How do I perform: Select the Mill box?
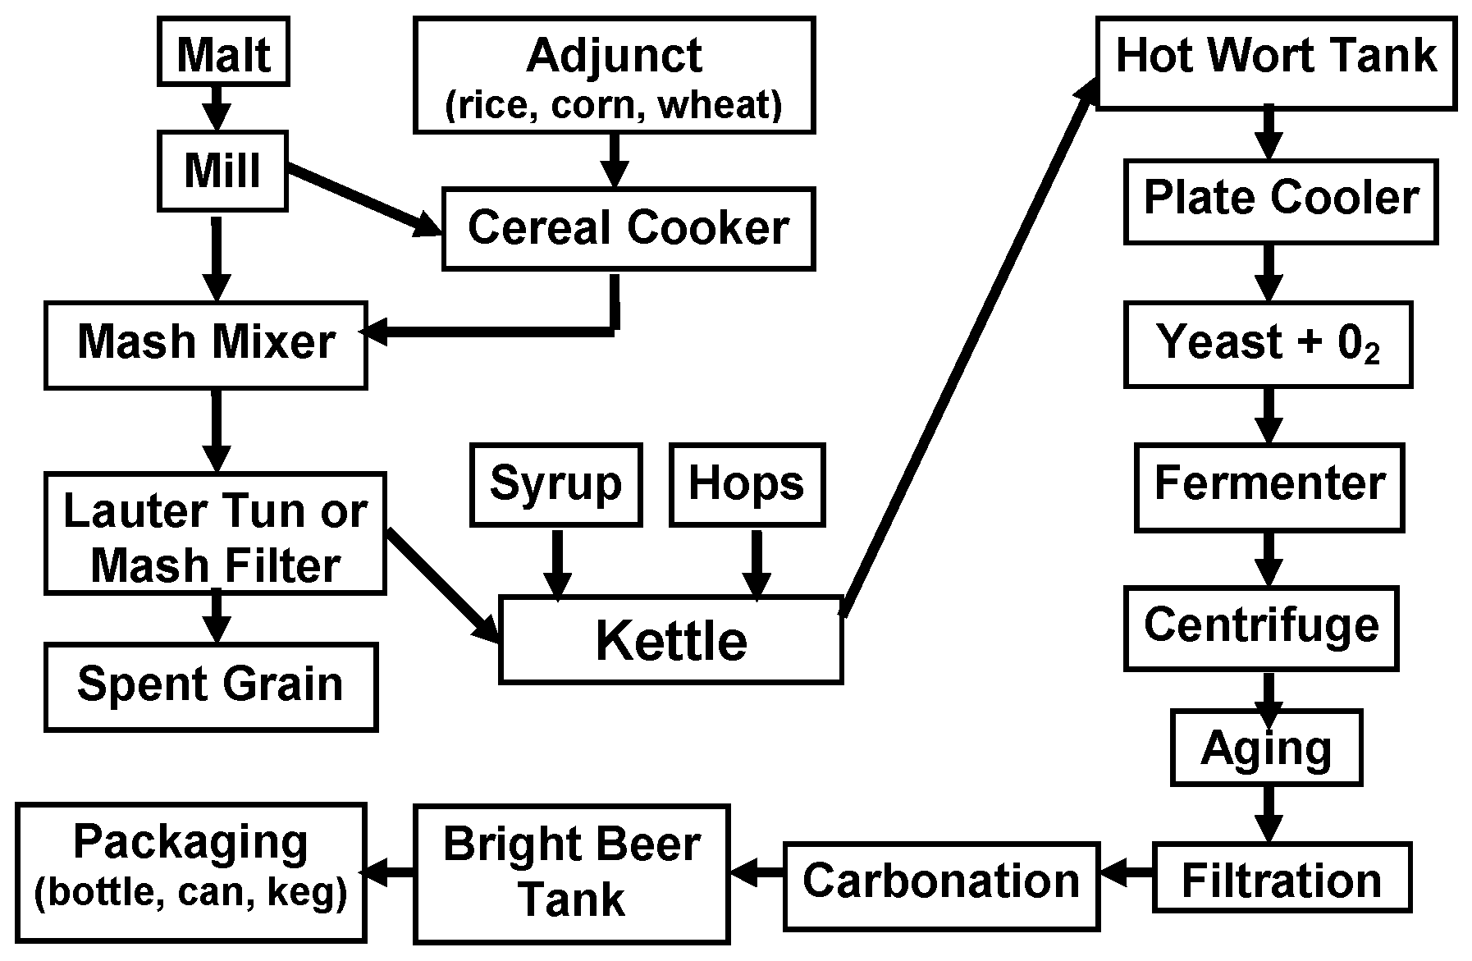(222, 171)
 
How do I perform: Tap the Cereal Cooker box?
(628, 228)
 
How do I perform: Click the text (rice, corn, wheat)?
(614, 105)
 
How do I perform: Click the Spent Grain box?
(210, 686)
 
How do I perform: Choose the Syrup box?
(555, 484)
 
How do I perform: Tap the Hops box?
(747, 484)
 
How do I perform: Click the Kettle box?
(670, 641)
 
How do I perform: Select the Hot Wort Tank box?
(1275, 57)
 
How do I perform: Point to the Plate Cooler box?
(1280, 199)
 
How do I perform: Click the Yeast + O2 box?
(1267, 343)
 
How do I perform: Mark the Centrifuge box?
(1260, 627)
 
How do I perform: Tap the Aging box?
(1266, 748)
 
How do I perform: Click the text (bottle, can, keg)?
(190, 891)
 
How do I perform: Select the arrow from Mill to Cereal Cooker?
(361, 200)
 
